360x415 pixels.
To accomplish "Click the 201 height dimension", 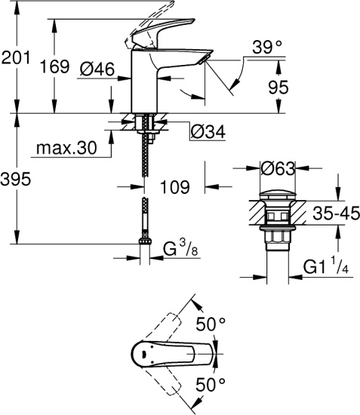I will (x=17, y=57).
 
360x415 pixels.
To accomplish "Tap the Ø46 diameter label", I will (x=97, y=70).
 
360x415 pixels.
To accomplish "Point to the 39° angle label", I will (x=268, y=47).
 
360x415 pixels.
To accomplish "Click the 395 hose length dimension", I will (x=17, y=180).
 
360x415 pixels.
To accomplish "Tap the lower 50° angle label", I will (x=211, y=384).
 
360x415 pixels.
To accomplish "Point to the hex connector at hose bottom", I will (x=143, y=244).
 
